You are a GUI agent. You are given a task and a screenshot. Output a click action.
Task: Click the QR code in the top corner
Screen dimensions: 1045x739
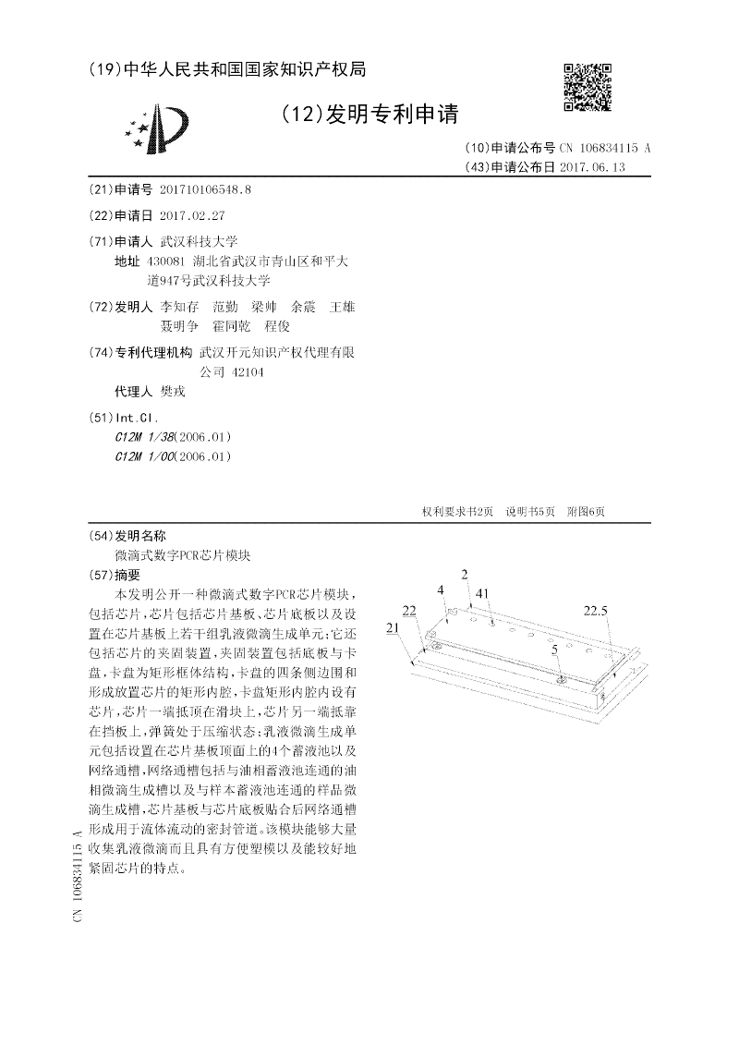coord(588,87)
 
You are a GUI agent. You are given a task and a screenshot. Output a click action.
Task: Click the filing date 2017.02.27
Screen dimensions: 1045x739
coord(192,215)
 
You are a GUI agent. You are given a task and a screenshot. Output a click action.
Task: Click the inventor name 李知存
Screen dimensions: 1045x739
coord(179,306)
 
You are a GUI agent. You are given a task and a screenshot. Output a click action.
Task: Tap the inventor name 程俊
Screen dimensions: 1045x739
coord(277,325)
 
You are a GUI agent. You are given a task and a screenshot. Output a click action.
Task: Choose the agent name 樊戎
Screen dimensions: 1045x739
coord(173,392)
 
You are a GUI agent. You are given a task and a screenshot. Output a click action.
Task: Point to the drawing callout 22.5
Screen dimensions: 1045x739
coord(596,610)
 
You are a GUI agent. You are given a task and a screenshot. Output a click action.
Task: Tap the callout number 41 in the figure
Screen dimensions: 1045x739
coord(482,594)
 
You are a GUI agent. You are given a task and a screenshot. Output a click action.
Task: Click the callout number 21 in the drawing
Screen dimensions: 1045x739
coord(393,627)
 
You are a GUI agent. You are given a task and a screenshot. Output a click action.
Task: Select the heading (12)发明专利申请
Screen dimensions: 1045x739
coord(368,114)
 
